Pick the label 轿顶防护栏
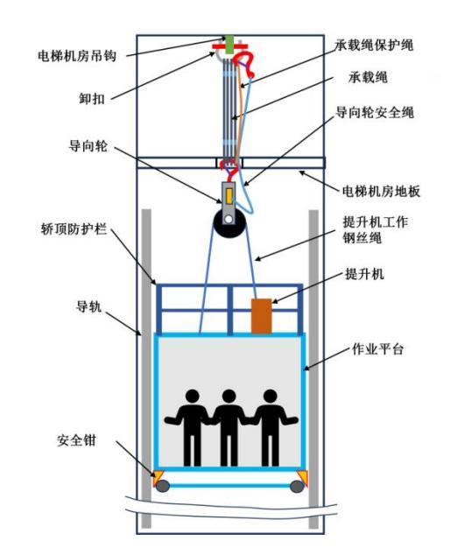(x=71, y=228)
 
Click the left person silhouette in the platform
(x=191, y=426)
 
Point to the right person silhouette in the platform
(x=268, y=426)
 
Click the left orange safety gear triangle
(x=160, y=477)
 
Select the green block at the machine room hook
(x=230, y=44)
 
